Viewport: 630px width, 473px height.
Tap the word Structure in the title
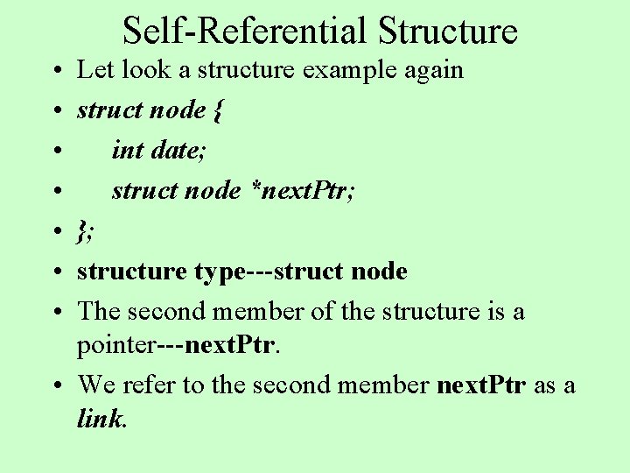click(x=448, y=31)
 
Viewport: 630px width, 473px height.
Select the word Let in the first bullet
click(x=94, y=69)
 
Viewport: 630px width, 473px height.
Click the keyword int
click(x=127, y=150)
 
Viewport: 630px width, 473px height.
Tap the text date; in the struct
click(x=179, y=150)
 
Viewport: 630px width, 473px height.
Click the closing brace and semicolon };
click(x=86, y=231)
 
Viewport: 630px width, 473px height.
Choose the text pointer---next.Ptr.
click(x=179, y=344)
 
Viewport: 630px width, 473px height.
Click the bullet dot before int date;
click(x=56, y=151)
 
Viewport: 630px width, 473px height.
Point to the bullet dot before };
click(x=56, y=232)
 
